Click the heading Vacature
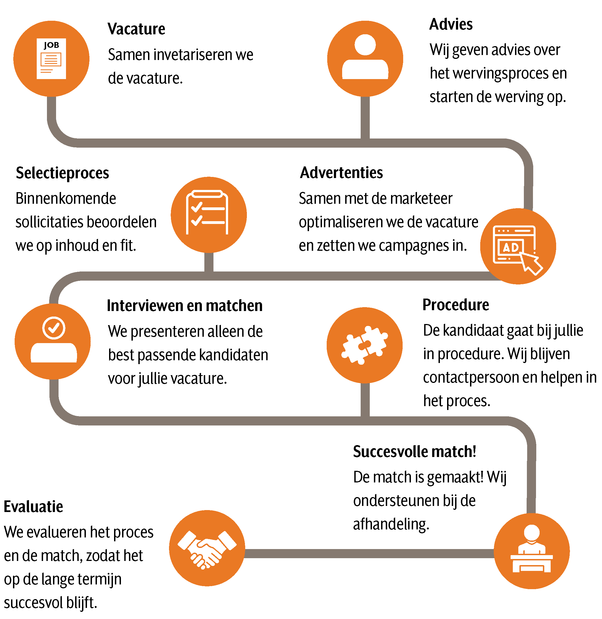[136, 29]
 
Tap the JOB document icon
[51, 59]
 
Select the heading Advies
[451, 24]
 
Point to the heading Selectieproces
[62, 173]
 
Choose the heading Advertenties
[342, 173]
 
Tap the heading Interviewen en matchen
[185, 306]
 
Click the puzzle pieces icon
[364, 345]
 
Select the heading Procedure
[456, 305]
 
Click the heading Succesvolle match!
[414, 451]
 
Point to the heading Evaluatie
[33, 507]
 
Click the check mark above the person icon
[54, 328]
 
